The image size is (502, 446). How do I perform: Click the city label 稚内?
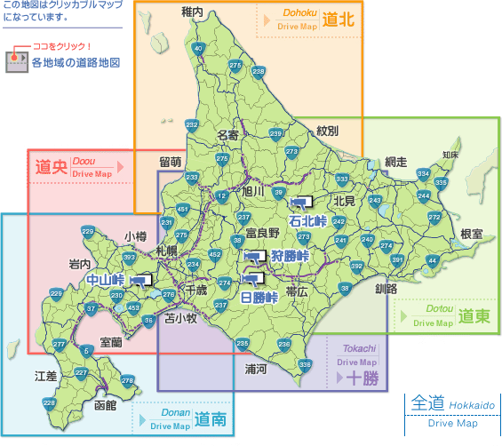192,12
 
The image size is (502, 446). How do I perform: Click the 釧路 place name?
386,289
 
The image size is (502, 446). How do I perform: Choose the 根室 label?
471,234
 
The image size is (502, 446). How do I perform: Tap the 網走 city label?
395,162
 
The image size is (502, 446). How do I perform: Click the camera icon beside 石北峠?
306,202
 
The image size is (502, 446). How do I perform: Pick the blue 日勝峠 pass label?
259,298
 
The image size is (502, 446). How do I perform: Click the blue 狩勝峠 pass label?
290,257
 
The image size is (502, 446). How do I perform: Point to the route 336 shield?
305,363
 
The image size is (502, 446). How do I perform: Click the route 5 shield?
86,352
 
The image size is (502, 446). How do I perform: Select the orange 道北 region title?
339,20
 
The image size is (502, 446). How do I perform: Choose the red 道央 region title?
52,165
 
